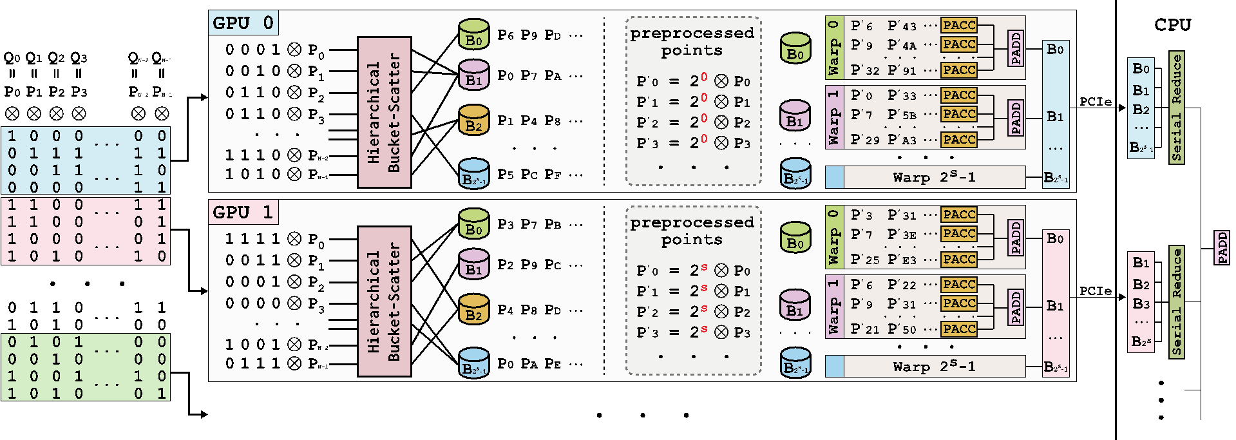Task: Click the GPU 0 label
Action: [243, 23]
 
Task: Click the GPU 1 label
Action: [243, 213]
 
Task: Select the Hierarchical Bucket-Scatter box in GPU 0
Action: [384, 112]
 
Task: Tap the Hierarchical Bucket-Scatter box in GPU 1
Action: [384, 301]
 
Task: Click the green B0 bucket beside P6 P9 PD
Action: [473, 35]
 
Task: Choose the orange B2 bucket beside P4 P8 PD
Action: [473, 311]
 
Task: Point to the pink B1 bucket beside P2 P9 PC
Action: [473, 265]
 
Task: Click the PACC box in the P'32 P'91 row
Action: [959, 70]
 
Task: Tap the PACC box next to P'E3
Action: [959, 259]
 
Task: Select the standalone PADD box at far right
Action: [1222, 248]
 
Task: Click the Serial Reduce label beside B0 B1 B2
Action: [1177, 108]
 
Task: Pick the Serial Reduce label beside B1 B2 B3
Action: [1177, 302]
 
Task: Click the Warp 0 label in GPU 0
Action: [833, 48]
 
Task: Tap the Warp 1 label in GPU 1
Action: [833, 306]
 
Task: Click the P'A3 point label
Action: [902, 140]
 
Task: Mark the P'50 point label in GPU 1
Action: [902, 329]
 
